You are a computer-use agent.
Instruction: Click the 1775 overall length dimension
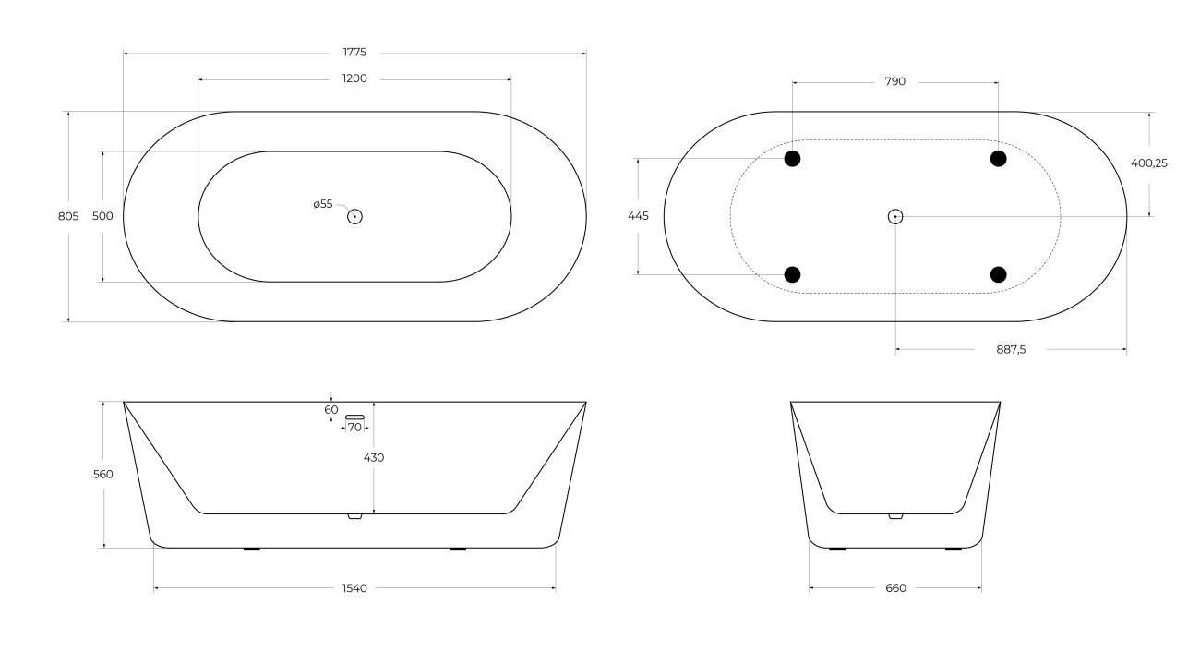pos(354,52)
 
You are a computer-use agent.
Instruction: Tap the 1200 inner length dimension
pos(354,78)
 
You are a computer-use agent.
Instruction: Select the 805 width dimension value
pos(68,216)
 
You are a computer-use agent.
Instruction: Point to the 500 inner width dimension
pos(102,216)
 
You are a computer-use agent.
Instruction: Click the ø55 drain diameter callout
pos(323,204)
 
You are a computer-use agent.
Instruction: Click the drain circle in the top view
pos(354,217)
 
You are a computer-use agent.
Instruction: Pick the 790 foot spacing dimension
pos(894,81)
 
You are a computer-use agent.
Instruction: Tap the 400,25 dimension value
pos(1149,163)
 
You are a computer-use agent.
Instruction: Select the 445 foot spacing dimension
pos(638,215)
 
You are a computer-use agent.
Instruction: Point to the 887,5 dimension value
pos(1011,350)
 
